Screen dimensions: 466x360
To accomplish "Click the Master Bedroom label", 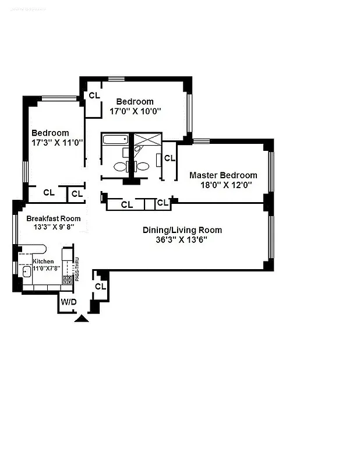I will [223, 175].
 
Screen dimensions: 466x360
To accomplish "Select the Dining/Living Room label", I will [182, 230].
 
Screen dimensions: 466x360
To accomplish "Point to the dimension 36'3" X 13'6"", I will [182, 239].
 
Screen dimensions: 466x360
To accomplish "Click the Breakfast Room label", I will [54, 218].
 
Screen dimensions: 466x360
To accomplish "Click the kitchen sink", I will [26, 272].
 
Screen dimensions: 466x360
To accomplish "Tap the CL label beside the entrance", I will [100, 287].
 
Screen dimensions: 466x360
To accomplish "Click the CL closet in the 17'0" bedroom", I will [94, 95].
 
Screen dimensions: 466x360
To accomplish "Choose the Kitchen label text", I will [44, 262].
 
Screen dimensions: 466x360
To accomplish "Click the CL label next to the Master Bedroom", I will [170, 158].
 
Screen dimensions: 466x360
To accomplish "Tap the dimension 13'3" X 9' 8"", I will [54, 228].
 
